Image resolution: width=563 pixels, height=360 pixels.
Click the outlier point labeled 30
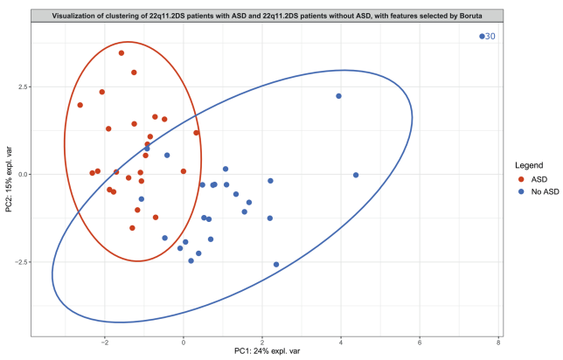(482, 36)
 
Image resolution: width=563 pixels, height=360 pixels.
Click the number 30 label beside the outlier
(490, 36)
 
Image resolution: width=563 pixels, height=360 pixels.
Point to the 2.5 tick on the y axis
(22, 87)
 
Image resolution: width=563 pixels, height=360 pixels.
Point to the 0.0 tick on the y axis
(22, 174)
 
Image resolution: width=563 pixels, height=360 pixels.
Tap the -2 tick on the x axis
(104, 343)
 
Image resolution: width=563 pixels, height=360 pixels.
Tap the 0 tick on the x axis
(184, 343)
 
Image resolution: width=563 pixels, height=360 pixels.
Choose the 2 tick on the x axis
(262, 343)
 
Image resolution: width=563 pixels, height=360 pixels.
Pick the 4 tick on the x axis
(341, 343)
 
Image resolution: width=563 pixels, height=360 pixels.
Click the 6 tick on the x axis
(420, 343)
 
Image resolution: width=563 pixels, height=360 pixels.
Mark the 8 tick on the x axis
(498, 343)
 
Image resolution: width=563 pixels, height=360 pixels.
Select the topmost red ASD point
(122, 53)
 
